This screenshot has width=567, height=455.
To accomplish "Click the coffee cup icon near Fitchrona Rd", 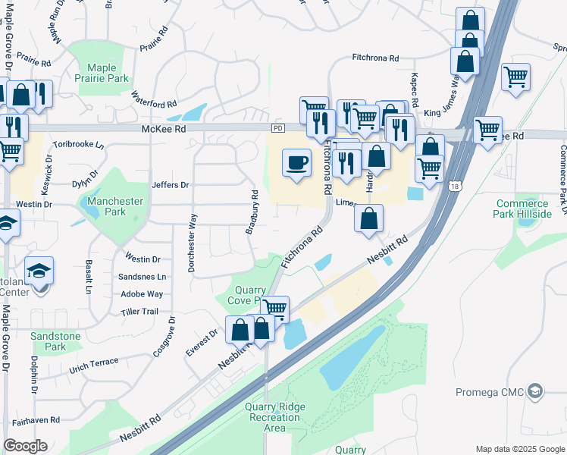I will (x=296, y=162).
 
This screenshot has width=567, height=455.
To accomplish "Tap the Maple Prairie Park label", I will (x=103, y=73).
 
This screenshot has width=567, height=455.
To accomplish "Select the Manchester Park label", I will (x=115, y=206).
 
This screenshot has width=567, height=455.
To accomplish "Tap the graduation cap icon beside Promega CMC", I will (x=535, y=391).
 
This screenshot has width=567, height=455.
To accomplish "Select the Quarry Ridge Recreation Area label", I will (x=275, y=417).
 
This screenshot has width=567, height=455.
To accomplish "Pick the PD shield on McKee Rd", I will (x=277, y=129).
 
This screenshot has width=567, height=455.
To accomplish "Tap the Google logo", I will (x=26, y=446).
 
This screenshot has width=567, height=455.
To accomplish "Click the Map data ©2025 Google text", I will (x=519, y=449).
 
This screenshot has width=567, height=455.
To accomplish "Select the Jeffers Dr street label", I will (x=170, y=184).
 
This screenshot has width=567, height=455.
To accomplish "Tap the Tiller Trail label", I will (x=139, y=312).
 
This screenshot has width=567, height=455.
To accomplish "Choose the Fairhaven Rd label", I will (x=36, y=420).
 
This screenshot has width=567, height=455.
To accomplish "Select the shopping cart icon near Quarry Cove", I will (x=275, y=309).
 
